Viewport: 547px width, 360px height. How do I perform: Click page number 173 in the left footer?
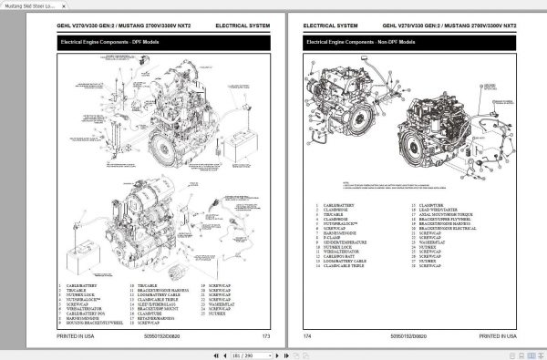[265, 336]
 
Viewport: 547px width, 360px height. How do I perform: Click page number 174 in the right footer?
[307, 336]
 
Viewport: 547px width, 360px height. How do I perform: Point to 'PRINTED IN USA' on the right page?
[485, 336]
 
